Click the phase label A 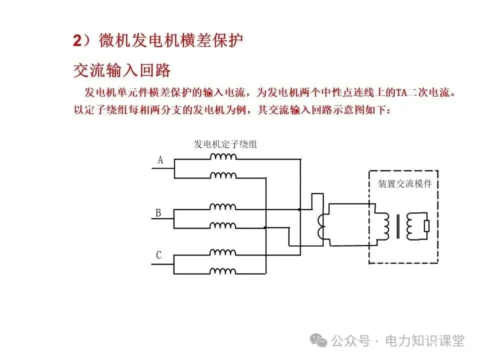click(x=160, y=160)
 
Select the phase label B click(x=158, y=213)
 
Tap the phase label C click(x=158, y=255)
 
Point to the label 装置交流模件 click(x=404, y=184)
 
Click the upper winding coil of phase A click(x=223, y=157)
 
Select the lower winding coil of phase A click(x=223, y=175)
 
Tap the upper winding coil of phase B click(x=223, y=206)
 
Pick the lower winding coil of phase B click(x=223, y=225)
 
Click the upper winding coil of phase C click(x=223, y=252)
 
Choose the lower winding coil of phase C click(x=223, y=271)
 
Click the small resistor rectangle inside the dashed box click(x=426, y=226)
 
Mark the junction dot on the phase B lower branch click(x=265, y=227)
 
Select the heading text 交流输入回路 click(x=122, y=70)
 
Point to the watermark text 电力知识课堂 click(x=424, y=341)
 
